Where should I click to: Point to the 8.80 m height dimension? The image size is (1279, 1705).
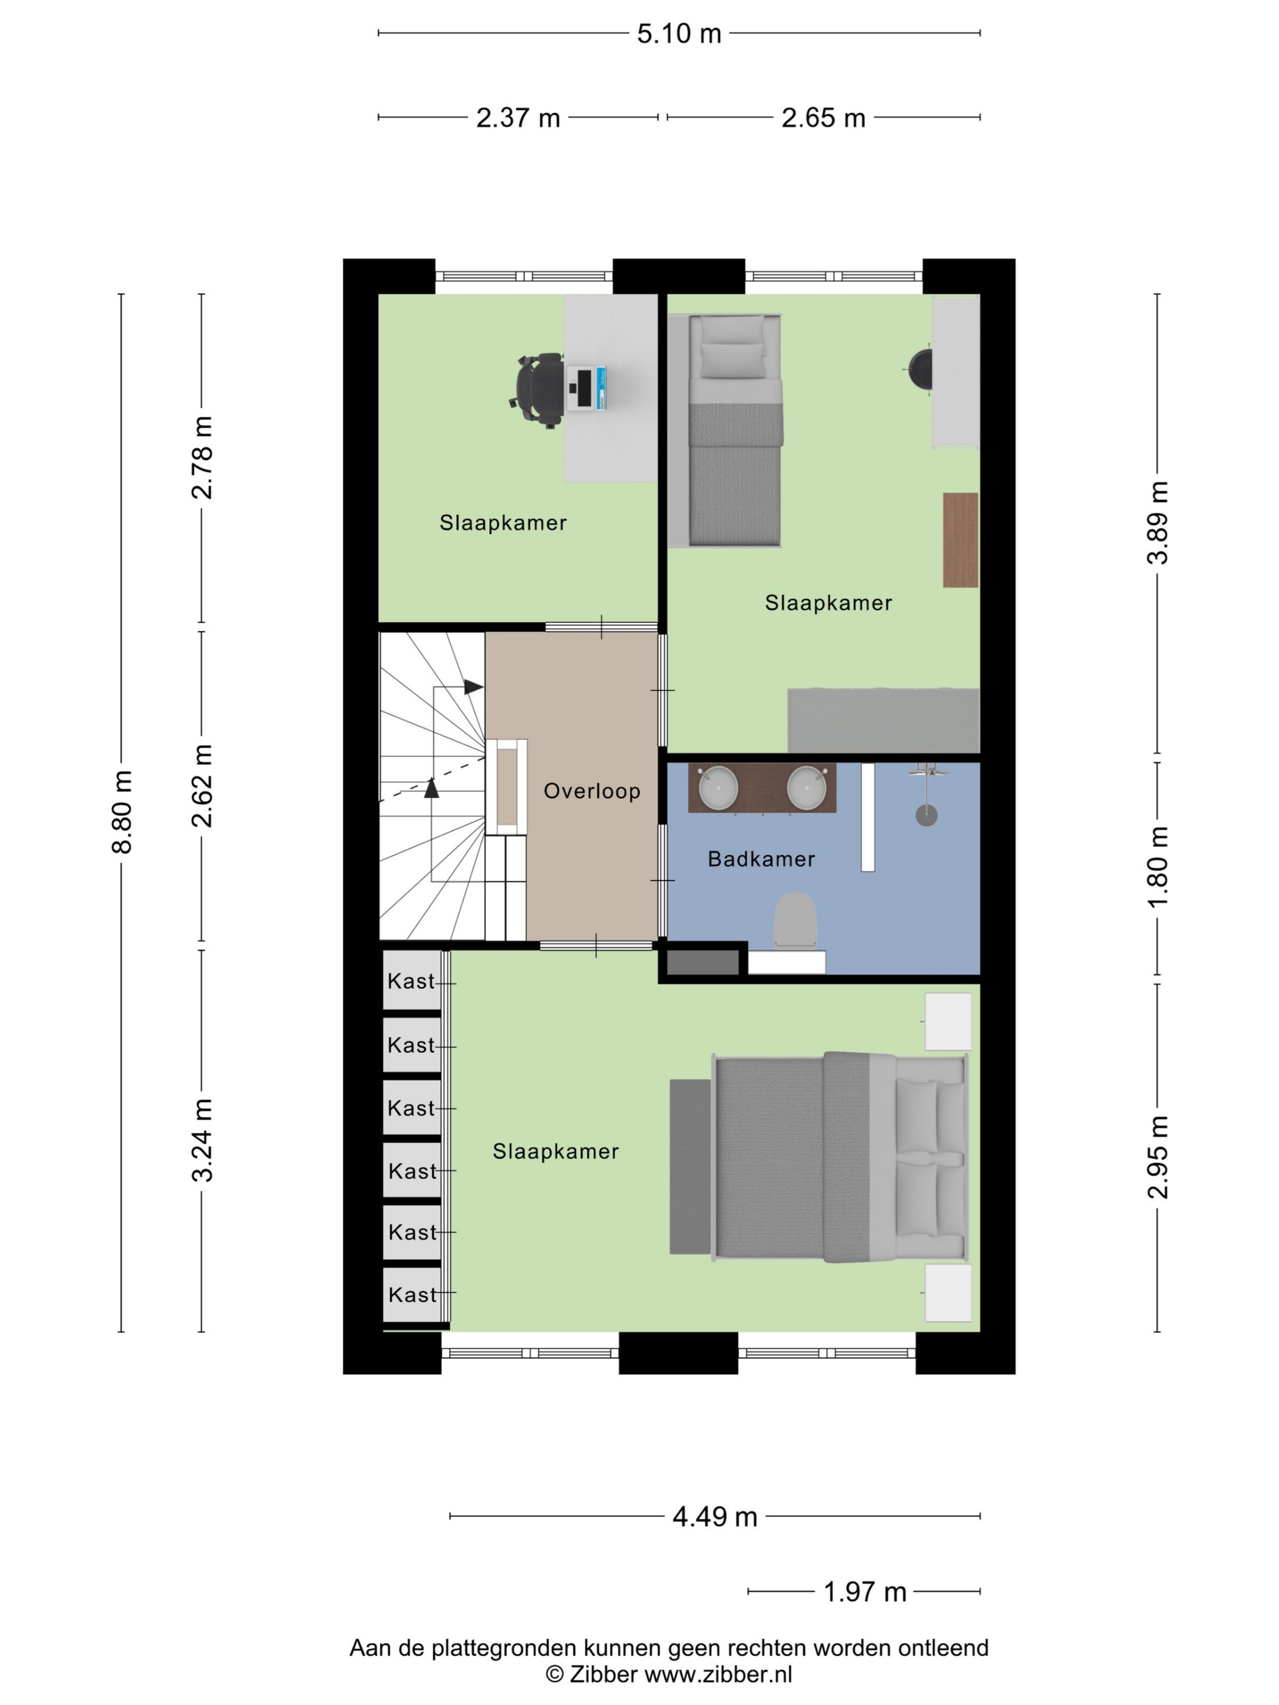[x=122, y=812]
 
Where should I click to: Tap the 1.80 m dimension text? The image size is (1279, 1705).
[x=1157, y=867]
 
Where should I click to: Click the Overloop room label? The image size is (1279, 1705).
[x=591, y=791]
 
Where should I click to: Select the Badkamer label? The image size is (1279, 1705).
[x=761, y=859]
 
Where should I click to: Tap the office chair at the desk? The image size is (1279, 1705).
[x=537, y=389]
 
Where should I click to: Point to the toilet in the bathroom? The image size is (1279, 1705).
[x=795, y=919]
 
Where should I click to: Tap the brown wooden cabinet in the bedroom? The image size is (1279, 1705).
[x=960, y=540]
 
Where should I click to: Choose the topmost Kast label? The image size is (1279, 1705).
[x=411, y=981]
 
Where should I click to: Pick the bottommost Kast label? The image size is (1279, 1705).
[x=412, y=1295]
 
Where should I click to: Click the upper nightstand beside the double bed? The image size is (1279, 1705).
[x=948, y=1021]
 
